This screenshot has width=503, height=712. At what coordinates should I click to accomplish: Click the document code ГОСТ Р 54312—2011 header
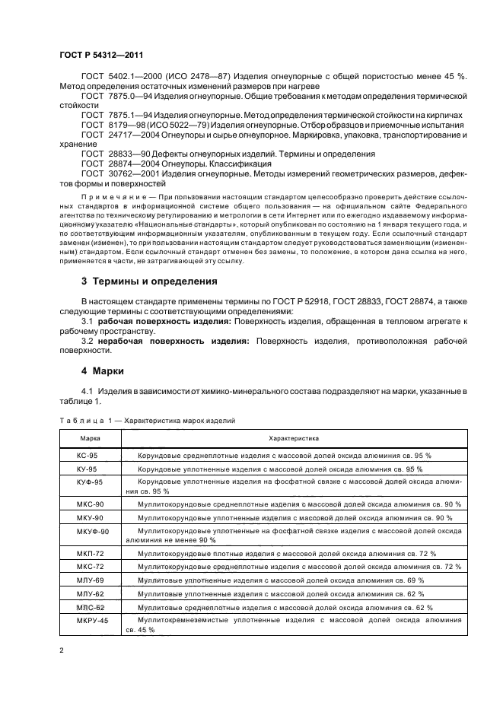click(x=103, y=56)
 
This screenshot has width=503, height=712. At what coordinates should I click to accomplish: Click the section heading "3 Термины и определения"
click(x=149, y=281)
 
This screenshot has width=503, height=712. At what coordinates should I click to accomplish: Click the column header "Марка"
click(x=80, y=439)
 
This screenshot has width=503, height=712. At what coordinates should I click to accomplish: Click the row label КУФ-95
click(x=78, y=482)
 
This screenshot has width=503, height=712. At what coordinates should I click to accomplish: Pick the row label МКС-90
click(x=78, y=504)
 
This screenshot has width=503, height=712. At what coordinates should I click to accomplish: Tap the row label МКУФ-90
click(x=81, y=531)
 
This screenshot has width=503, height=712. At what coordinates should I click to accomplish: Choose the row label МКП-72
click(x=78, y=552)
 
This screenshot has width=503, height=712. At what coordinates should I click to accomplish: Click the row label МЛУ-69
click(x=78, y=580)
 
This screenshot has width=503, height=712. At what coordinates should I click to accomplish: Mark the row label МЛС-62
click(x=78, y=607)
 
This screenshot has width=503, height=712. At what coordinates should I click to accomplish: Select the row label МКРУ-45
click(x=80, y=621)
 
